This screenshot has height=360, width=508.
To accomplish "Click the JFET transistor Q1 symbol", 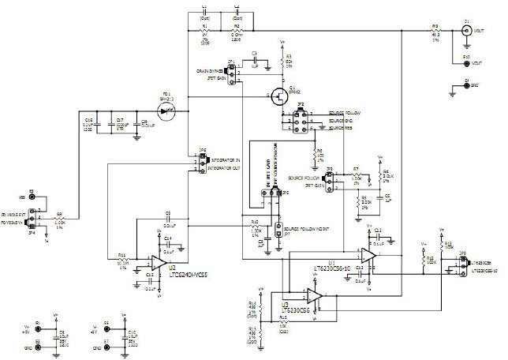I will pyautogui.click(x=278, y=97).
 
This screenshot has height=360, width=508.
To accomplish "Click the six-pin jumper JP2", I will pyautogui.click(x=301, y=118).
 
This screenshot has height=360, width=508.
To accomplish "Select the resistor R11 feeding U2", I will pyautogui.click(x=122, y=260).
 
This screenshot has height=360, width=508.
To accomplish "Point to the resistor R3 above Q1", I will pyautogui.click(x=282, y=61).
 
